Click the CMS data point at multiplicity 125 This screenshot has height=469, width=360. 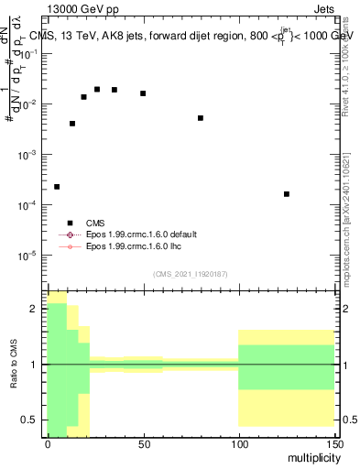pos(287,194)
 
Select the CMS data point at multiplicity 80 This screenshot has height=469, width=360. pos(201,118)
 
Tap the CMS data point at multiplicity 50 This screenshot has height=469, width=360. pos(143,93)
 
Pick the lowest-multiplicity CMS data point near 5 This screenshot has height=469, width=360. pos(57,187)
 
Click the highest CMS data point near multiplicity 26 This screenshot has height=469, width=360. pos(97,89)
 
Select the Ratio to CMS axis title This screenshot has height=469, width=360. pos(14,365)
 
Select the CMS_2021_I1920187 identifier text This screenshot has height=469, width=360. pos(191,274)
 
